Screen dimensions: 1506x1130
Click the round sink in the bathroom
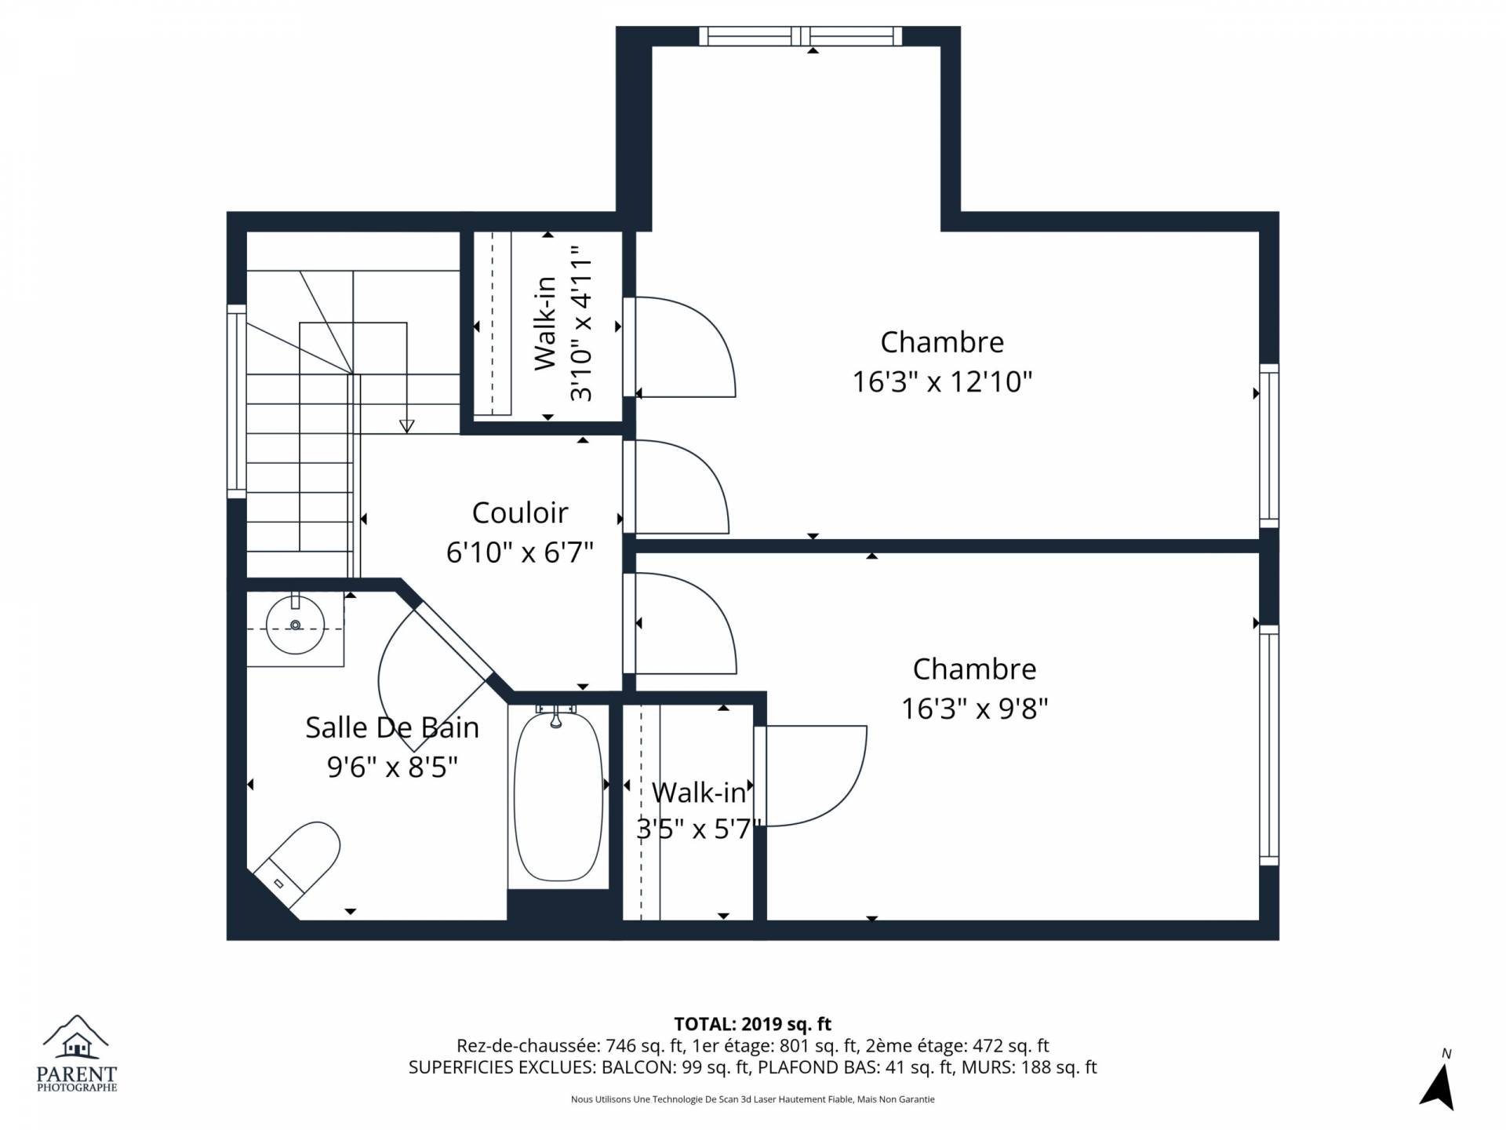(295, 625)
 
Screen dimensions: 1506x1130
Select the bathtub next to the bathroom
(558, 794)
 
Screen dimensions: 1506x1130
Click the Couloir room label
(520, 512)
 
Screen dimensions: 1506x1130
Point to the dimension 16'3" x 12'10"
(942, 382)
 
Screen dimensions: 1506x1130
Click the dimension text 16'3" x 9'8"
(974, 709)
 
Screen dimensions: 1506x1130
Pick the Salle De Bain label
(392, 727)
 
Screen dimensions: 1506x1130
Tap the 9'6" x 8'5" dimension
(392, 767)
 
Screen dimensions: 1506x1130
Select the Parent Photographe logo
(77, 1052)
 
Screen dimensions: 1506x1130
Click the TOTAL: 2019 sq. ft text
(753, 1024)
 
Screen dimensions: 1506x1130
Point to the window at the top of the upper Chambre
(800, 36)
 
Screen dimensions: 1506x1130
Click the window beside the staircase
(237, 401)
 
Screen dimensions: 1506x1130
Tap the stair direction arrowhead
(406, 426)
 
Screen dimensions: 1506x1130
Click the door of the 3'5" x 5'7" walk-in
(812, 776)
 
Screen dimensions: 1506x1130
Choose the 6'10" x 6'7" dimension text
(520, 552)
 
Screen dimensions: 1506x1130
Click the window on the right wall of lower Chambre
(1269, 745)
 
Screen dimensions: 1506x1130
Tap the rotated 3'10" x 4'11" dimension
(582, 323)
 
